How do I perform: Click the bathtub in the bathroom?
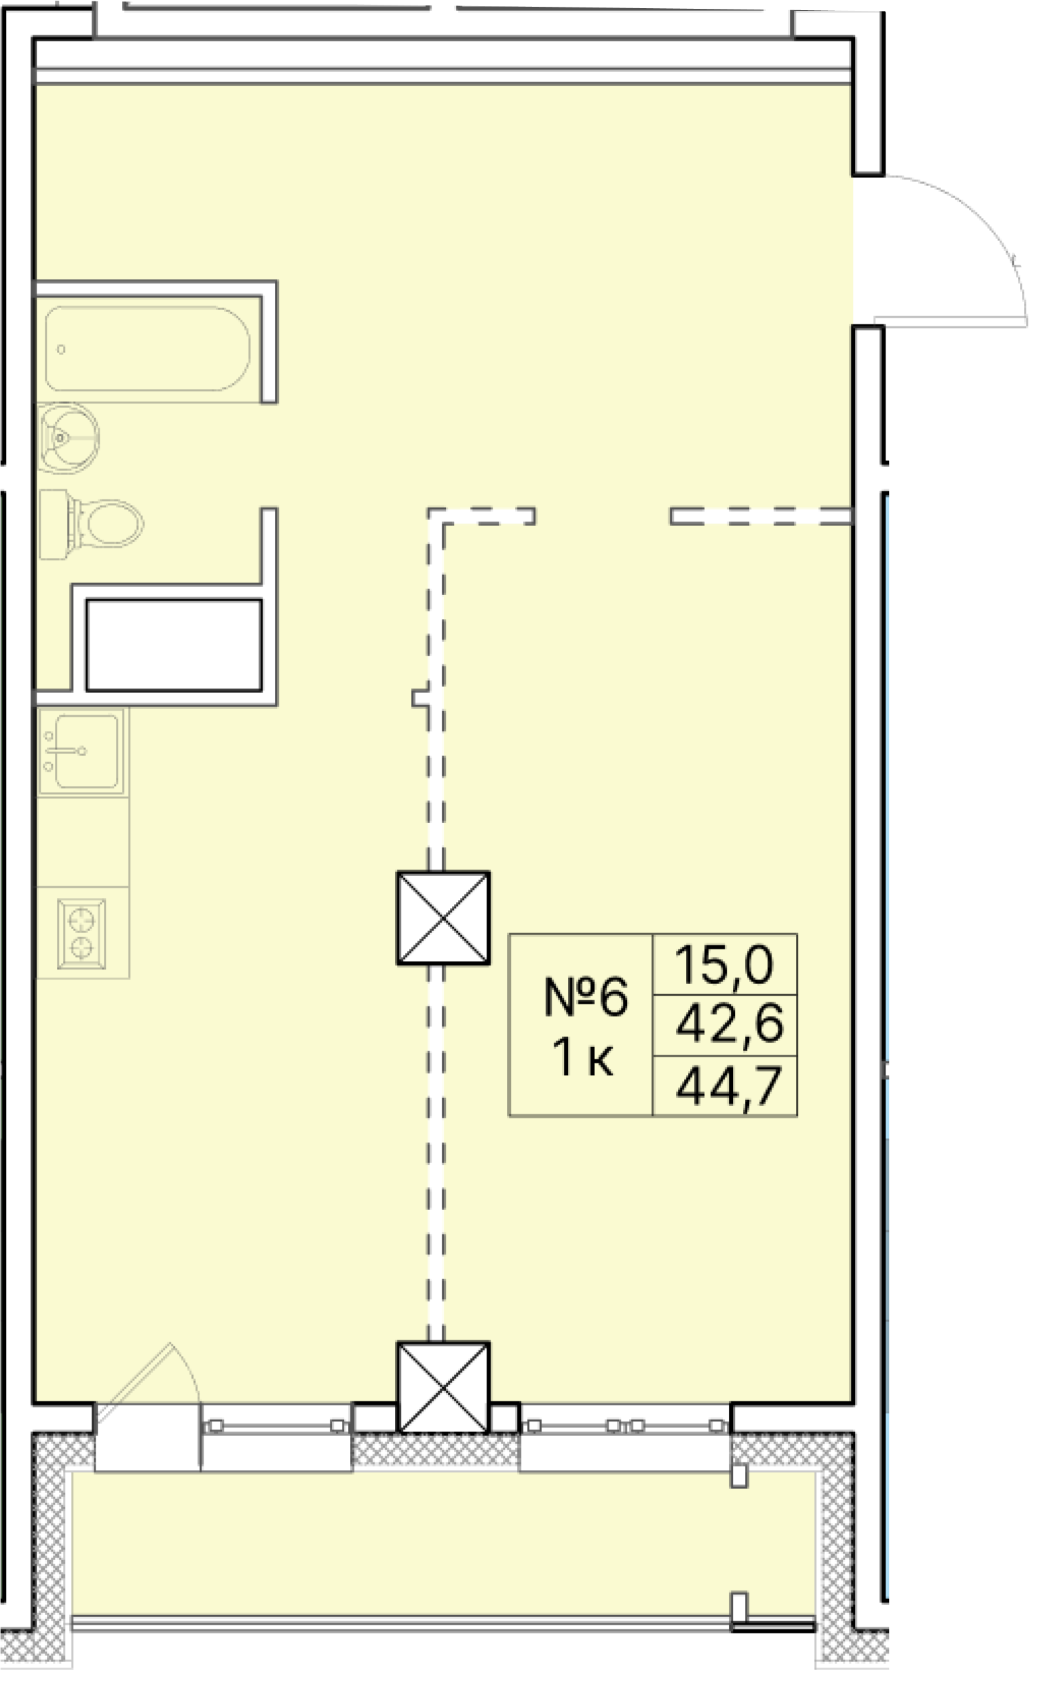[x=147, y=348]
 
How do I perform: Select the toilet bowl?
[x=113, y=523]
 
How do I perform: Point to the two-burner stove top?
[x=82, y=934]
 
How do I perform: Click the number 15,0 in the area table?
[x=724, y=964]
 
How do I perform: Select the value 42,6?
[x=728, y=1024]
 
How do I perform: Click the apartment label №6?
[x=585, y=997]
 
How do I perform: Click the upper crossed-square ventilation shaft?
[x=443, y=918]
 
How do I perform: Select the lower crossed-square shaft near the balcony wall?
[x=443, y=1386]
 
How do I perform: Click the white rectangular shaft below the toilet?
[x=174, y=645]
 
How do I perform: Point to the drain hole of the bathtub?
[x=61, y=349]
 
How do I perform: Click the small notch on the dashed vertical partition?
[x=420, y=698]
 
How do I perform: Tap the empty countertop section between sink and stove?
[x=83, y=841]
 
